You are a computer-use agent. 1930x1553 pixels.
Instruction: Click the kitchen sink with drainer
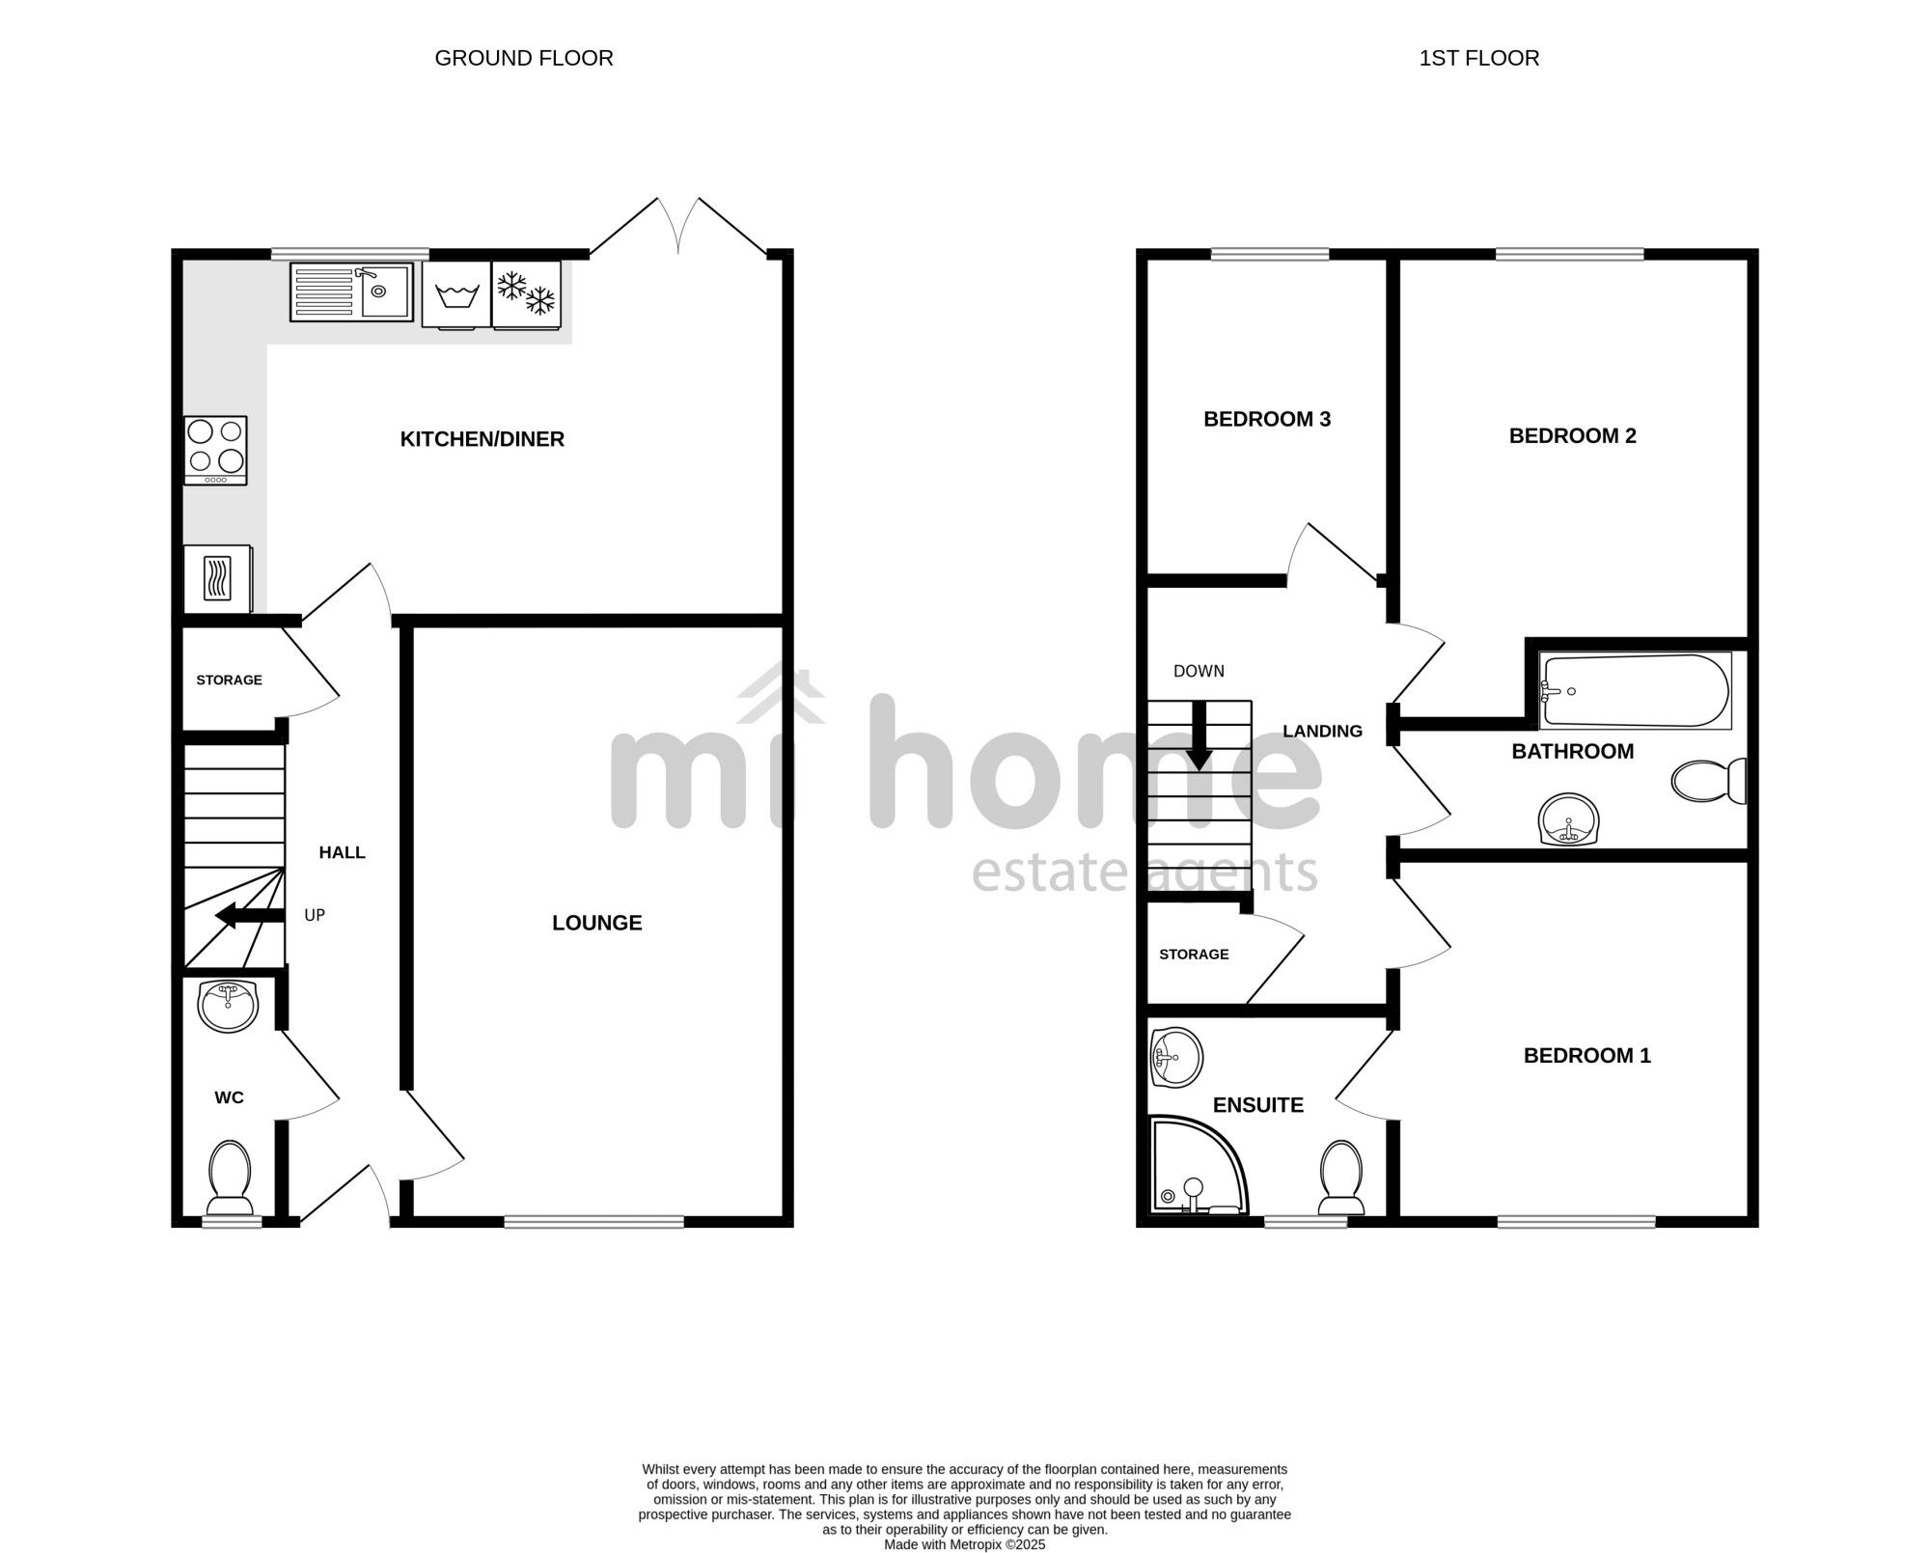[x=351, y=291]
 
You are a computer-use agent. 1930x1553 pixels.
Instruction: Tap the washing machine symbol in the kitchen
[x=456, y=294]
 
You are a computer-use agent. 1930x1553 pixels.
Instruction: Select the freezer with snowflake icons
[x=526, y=294]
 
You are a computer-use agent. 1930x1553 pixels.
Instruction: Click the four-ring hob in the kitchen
[x=216, y=451]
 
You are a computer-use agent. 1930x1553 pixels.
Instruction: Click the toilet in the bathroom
[x=1709, y=780]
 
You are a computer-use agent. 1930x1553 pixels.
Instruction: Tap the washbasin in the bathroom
[x=1569, y=819]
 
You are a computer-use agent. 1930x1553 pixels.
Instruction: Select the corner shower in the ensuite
[x=1198, y=1166]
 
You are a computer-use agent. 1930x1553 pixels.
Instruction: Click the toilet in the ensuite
[x=1341, y=1178]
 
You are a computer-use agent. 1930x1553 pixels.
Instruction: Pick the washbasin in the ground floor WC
[x=228, y=1006]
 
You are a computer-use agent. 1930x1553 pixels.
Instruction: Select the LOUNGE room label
[x=597, y=923]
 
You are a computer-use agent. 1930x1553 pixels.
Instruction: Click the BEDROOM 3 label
[x=1267, y=419]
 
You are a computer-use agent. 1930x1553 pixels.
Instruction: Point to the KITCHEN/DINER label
[x=482, y=439]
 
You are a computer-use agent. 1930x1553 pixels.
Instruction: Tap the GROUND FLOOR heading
[x=524, y=58]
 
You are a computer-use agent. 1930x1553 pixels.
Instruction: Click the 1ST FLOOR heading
[x=1479, y=58]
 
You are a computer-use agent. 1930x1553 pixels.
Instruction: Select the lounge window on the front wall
[x=594, y=1222]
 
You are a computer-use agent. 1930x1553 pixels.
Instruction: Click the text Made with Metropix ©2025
[x=965, y=1544]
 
